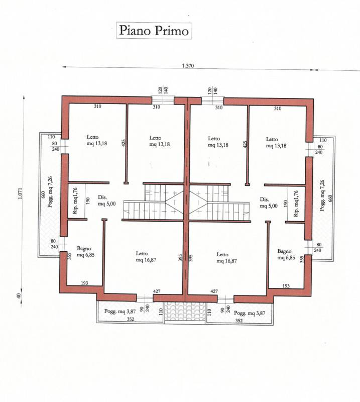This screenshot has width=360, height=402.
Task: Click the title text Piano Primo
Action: tap(154, 31)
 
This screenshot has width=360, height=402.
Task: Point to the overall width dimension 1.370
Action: tap(188, 66)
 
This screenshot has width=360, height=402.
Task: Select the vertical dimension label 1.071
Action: tap(21, 194)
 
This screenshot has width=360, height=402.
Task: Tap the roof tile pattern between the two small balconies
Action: tap(185, 311)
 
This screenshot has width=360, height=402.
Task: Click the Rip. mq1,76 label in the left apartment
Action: tap(75, 200)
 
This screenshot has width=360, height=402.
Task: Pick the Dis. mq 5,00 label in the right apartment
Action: tap(269, 203)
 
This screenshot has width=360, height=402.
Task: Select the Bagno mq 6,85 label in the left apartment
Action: tap(85, 252)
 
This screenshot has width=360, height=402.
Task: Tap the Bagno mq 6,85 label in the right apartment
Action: tap(286, 254)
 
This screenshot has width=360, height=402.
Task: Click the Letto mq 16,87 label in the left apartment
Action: tap(146, 257)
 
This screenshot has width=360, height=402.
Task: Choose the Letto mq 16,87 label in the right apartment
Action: tap(226, 258)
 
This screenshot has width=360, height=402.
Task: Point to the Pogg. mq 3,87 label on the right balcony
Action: tap(250, 313)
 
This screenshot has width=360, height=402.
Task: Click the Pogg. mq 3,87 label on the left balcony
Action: tap(120, 312)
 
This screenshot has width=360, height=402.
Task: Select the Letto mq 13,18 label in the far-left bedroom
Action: tap(96, 140)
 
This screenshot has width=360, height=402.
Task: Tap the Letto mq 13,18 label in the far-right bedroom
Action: tap(276, 143)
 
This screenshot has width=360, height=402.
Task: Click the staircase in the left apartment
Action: tap(153, 202)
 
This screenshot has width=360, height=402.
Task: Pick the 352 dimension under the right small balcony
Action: tap(239, 321)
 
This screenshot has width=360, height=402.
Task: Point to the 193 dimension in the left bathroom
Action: tap(84, 283)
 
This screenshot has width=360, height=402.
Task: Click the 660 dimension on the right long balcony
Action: tap(330, 198)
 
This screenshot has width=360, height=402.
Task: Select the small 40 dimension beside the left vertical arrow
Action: tap(18, 295)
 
